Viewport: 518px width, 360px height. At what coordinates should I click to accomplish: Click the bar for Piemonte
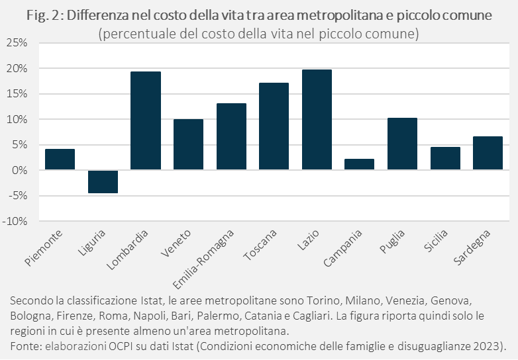[x=60, y=159]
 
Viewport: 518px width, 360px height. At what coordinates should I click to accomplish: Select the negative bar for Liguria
[x=103, y=181]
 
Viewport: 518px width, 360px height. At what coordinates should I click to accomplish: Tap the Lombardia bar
[x=146, y=121]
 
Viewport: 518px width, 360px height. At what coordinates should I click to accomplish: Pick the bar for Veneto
[x=188, y=145]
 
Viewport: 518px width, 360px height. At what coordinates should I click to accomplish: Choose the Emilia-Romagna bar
[x=231, y=137]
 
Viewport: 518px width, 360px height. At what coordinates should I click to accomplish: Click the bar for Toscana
[x=274, y=126]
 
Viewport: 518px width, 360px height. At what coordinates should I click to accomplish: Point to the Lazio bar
[x=317, y=120]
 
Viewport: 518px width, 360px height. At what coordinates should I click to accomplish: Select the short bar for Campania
[x=360, y=165]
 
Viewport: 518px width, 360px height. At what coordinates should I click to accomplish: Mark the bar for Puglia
[x=402, y=144]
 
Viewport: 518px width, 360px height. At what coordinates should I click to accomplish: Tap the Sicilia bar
[x=445, y=159]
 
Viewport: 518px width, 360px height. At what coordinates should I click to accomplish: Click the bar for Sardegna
[x=488, y=154]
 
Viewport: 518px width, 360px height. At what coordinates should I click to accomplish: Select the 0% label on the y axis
[x=19, y=171]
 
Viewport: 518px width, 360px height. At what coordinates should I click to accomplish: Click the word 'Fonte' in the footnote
[x=25, y=346]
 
